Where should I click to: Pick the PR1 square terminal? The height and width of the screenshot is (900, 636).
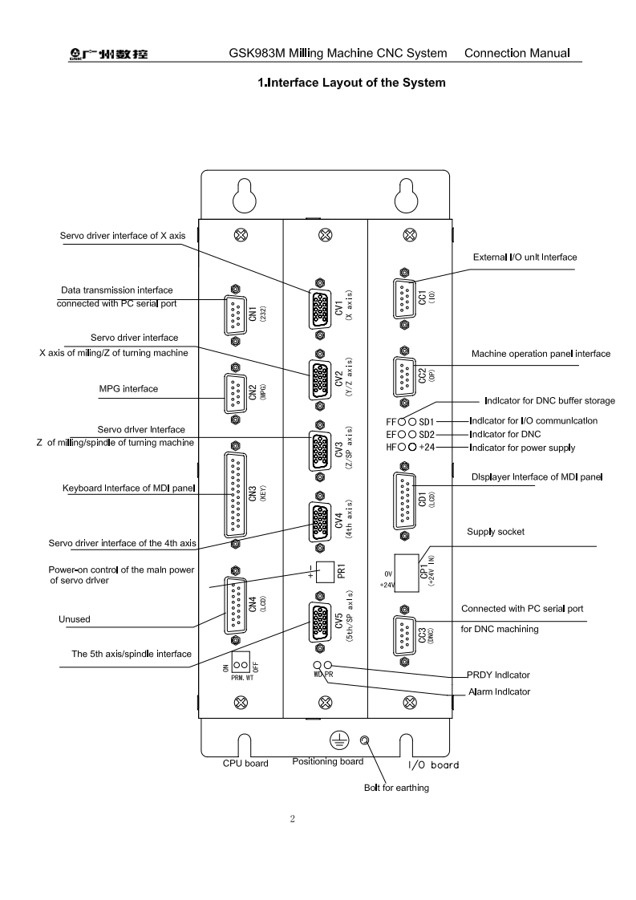point(325,571)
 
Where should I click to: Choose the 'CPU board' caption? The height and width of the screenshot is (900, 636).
point(245,763)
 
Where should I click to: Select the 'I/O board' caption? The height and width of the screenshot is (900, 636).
point(433,764)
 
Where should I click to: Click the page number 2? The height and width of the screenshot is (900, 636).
point(293,819)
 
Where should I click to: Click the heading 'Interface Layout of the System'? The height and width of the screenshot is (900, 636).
point(350,83)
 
